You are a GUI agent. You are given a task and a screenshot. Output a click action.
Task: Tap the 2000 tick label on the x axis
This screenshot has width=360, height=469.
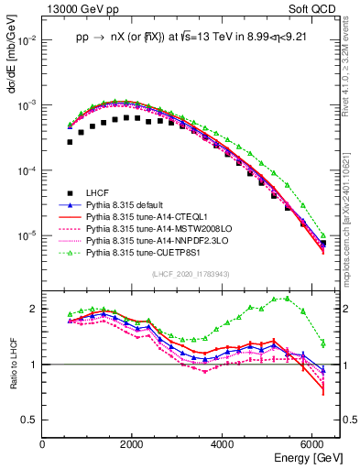(133, 444)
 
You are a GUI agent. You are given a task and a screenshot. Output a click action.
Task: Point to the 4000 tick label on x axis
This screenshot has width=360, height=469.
(224, 444)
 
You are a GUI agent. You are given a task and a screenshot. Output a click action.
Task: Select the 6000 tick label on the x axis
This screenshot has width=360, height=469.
(314, 444)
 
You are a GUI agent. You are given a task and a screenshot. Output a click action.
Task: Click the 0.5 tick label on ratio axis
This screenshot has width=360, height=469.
(29, 420)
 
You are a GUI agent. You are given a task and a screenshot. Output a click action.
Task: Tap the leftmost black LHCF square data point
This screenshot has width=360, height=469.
(70, 142)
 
